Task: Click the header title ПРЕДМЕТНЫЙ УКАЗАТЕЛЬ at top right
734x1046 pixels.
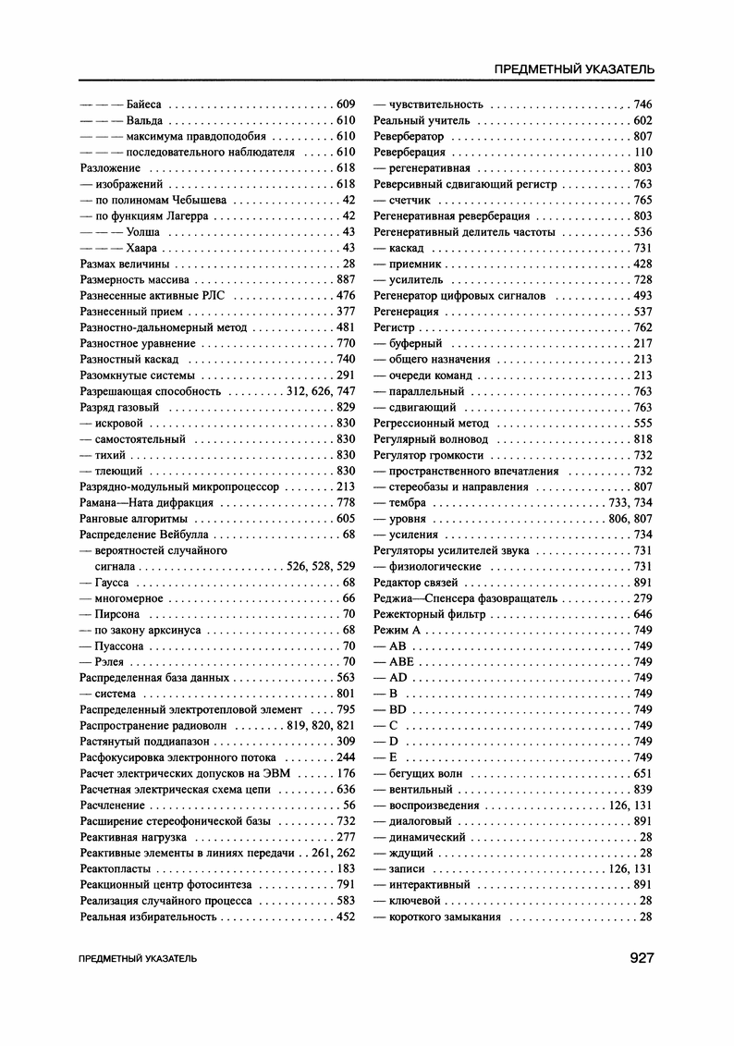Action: (575, 69)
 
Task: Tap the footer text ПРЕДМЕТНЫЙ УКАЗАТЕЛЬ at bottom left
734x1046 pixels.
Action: (139, 959)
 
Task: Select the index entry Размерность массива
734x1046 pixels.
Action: (135, 279)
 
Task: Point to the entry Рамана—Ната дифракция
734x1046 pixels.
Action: (147, 502)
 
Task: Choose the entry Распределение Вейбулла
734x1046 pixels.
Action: (145, 535)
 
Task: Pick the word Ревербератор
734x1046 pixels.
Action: (409, 136)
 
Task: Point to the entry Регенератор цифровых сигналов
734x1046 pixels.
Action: (459, 296)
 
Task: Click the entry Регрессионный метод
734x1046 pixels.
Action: (431, 423)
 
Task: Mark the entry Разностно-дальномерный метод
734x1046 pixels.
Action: (165, 327)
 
